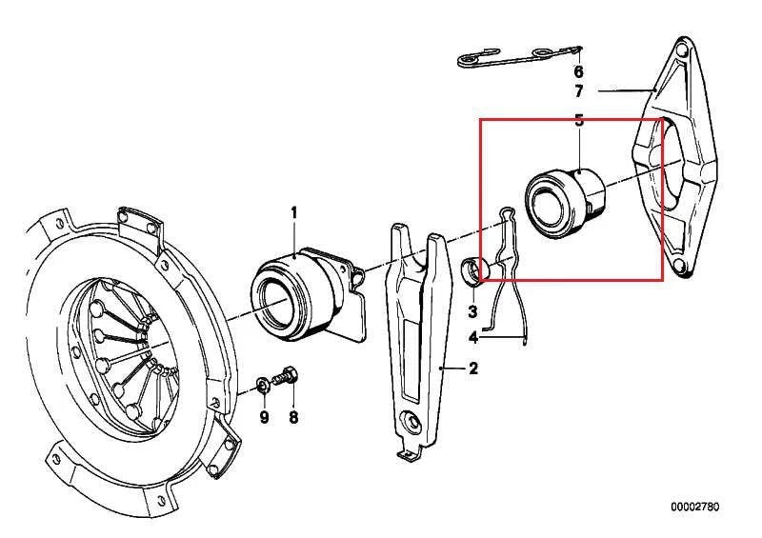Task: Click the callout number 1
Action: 293,212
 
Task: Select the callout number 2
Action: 472,369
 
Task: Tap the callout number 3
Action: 471,311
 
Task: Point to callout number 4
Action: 472,337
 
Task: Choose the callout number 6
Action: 577,71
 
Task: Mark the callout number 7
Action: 577,91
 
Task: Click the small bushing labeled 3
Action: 471,269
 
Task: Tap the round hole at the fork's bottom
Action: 411,422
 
